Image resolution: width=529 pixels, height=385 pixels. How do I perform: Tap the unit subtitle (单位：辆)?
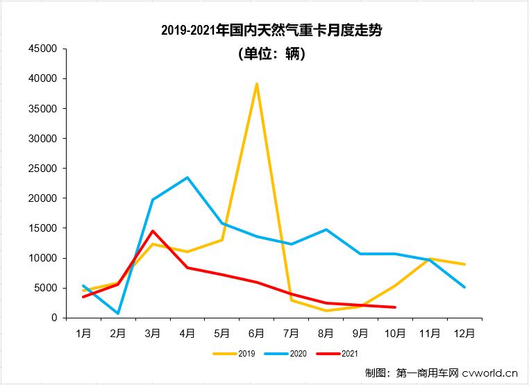(x=271, y=54)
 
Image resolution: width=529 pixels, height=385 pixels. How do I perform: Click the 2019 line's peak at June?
(x=257, y=84)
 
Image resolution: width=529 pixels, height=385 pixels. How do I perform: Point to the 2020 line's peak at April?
(x=187, y=178)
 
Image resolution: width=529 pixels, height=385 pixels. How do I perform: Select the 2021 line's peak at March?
(x=153, y=231)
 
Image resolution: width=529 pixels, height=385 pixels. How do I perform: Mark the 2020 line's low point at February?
(x=118, y=314)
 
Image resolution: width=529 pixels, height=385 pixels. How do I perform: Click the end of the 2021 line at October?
(x=395, y=307)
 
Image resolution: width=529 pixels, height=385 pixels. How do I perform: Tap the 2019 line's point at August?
(x=326, y=311)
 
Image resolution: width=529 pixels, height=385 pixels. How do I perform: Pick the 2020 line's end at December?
(x=464, y=287)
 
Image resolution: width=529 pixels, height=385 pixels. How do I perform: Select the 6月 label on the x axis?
(x=257, y=333)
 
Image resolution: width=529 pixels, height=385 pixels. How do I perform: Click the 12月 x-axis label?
(x=464, y=333)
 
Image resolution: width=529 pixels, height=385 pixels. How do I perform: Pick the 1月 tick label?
(x=83, y=333)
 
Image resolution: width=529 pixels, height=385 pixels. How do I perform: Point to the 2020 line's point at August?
(x=326, y=230)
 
